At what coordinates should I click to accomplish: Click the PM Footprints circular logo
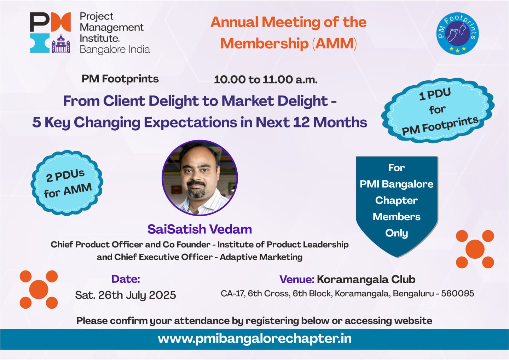[x=457, y=33]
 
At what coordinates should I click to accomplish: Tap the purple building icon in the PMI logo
[x=61, y=44]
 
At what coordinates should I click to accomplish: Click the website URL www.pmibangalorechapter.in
[x=255, y=339]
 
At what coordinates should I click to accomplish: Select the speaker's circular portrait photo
[x=200, y=178]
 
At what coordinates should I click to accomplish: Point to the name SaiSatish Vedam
[x=200, y=229]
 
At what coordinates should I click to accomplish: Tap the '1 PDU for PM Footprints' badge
[x=438, y=111]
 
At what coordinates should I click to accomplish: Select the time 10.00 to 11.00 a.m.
[x=266, y=80]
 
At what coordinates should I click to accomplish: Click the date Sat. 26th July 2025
[x=126, y=295]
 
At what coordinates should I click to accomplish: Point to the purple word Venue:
[x=297, y=280]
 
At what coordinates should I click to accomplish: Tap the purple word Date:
[x=126, y=279]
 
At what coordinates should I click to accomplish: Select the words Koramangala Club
[x=366, y=280]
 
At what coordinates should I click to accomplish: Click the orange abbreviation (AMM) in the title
[x=334, y=44]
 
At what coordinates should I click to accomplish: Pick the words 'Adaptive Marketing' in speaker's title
[x=261, y=257]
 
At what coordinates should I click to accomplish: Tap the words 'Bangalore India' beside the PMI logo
[x=115, y=50]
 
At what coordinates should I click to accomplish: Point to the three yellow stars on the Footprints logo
[x=457, y=49]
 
